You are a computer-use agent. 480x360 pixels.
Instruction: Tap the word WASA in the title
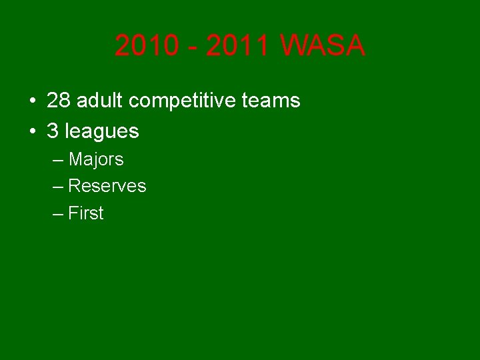tap(323, 46)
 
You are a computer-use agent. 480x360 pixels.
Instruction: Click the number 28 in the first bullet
tap(58, 101)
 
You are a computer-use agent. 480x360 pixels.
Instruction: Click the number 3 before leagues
tap(53, 131)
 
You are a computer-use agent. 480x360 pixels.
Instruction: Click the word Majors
tap(96, 160)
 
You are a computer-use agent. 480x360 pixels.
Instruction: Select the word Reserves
tap(107, 186)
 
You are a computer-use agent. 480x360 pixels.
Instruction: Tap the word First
tap(87, 213)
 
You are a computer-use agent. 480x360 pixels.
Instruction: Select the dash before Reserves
tap(57, 187)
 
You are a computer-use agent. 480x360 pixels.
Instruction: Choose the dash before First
tap(57, 215)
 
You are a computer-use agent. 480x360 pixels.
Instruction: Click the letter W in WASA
tap(293, 46)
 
